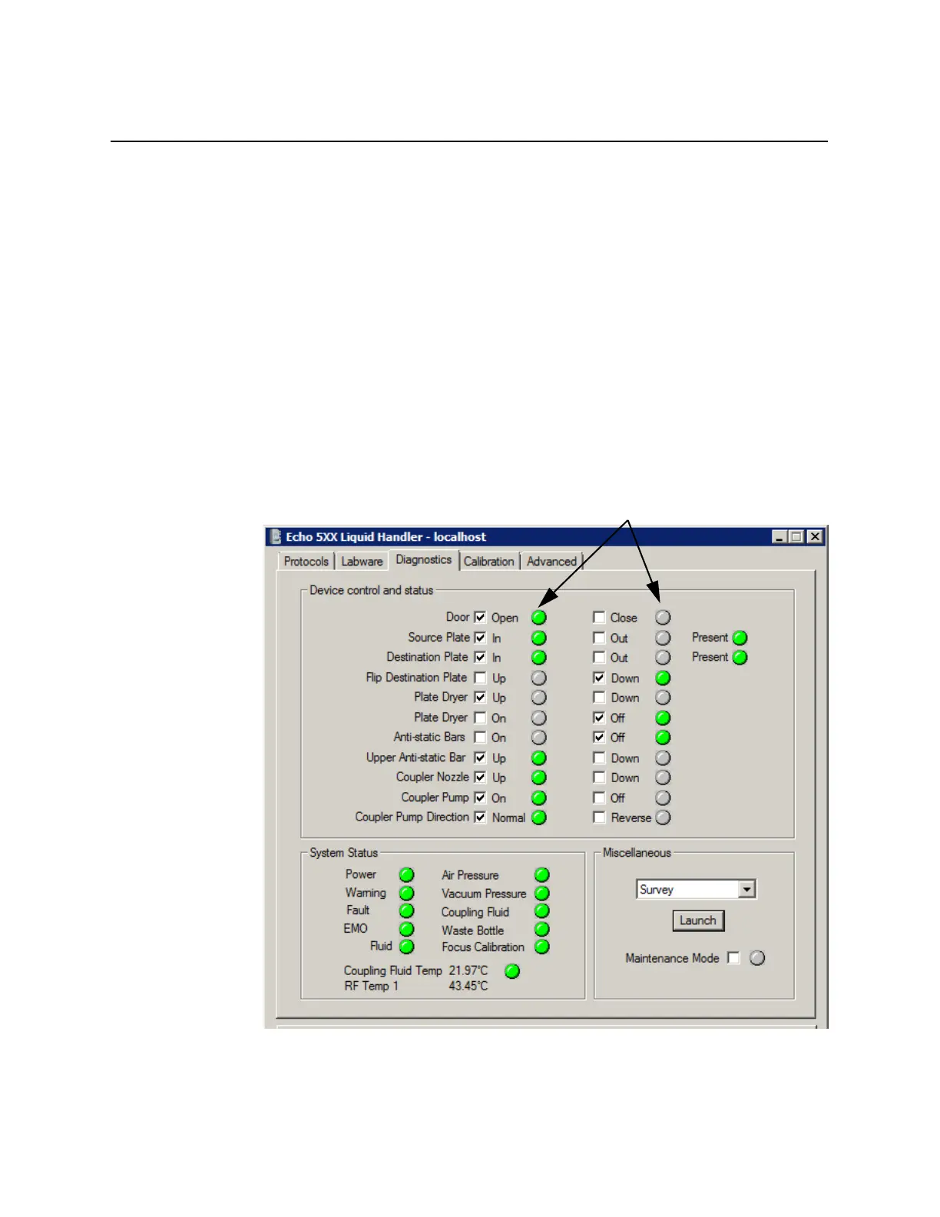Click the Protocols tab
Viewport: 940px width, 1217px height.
coord(306,562)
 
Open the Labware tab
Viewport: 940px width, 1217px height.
coord(362,562)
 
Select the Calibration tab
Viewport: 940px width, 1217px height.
coord(488,562)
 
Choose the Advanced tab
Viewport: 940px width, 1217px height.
coord(551,562)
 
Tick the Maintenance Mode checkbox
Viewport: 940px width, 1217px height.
coord(734,958)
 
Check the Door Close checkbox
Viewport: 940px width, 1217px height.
coord(599,618)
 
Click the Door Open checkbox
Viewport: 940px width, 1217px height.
coord(480,618)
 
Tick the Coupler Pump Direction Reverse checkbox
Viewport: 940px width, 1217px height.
coord(599,817)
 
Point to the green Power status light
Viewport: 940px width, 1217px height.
coord(407,875)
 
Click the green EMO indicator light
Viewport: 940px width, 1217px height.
coord(407,929)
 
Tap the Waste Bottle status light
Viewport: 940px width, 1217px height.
coord(542,930)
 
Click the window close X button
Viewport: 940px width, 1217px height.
coord(815,537)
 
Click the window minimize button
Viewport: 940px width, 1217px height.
coord(779,537)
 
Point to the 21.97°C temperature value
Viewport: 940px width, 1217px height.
coord(468,971)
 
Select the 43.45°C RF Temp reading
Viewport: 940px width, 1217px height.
coord(468,987)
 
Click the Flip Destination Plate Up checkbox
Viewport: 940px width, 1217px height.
coord(480,678)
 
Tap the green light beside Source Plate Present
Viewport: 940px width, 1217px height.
coord(740,638)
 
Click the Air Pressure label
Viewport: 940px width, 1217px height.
coord(470,875)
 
